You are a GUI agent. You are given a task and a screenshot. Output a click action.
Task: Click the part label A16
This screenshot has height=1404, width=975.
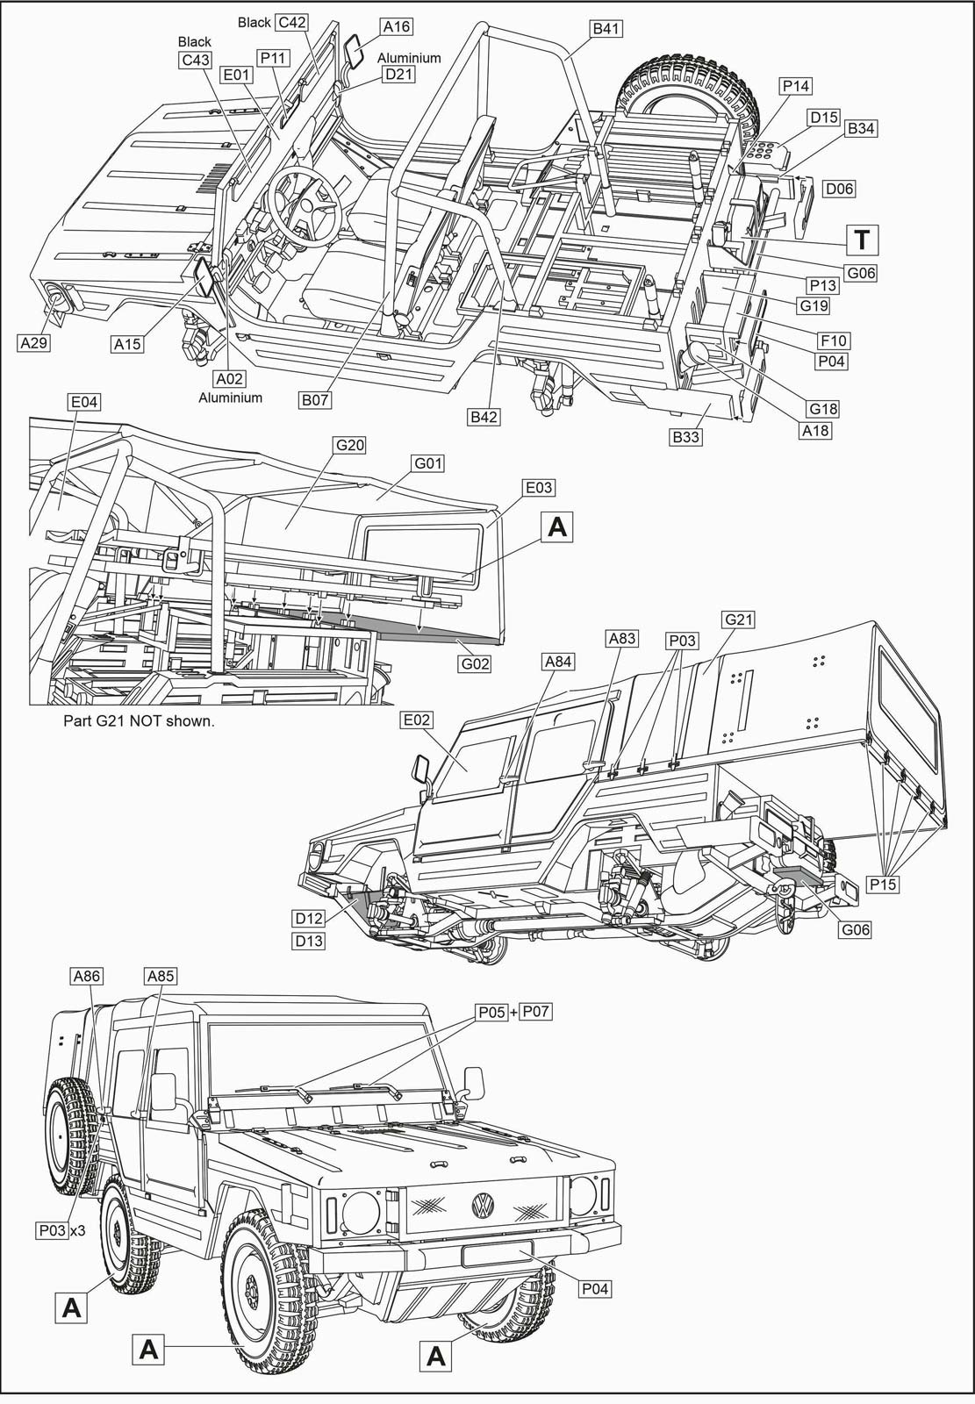tap(397, 26)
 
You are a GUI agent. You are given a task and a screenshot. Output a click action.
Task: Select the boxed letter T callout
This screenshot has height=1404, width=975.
tap(863, 239)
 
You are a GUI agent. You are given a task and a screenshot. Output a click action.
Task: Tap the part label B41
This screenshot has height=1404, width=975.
tap(606, 29)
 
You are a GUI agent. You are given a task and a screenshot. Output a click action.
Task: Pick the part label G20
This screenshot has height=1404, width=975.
tap(350, 445)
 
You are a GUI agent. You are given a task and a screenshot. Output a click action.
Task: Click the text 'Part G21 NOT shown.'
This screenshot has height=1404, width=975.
tap(139, 721)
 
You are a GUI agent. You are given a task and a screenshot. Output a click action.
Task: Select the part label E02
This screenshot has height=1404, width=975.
tap(416, 720)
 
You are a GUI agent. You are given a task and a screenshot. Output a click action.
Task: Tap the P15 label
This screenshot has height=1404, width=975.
tap(882, 885)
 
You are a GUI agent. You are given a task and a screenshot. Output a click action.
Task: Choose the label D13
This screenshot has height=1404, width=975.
tap(309, 941)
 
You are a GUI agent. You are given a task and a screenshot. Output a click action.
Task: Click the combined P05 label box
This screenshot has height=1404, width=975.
tap(491, 1012)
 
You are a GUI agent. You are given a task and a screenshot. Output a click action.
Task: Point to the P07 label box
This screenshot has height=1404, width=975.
tap(535, 1012)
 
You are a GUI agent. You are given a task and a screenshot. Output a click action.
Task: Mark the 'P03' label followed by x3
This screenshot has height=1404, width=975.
tap(53, 1230)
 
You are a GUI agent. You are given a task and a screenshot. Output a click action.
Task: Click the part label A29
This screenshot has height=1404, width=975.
tap(33, 343)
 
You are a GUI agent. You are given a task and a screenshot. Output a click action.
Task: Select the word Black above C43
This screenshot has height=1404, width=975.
tap(194, 41)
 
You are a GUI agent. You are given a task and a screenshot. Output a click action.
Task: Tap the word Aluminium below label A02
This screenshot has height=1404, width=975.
tap(230, 398)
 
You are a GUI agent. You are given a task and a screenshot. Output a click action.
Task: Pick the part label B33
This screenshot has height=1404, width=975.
tap(686, 436)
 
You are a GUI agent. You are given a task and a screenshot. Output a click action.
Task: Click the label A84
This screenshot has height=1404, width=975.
tap(558, 662)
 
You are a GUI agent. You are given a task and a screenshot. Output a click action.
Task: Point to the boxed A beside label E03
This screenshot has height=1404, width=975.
tap(556, 526)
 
